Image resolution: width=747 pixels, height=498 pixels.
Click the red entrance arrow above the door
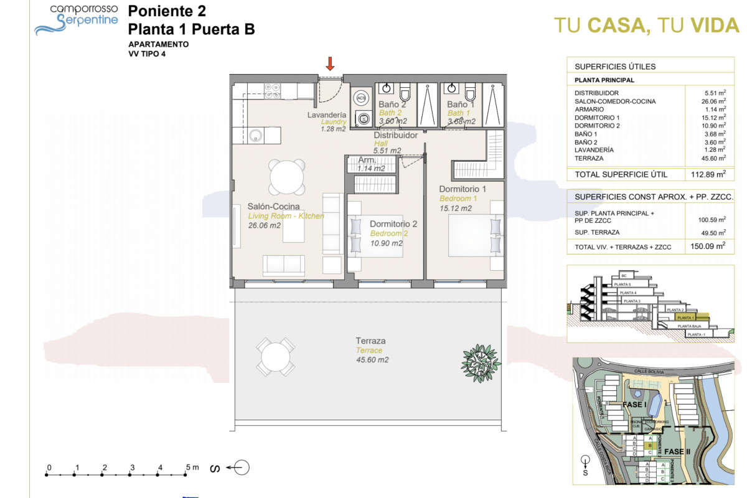click(x=331, y=63)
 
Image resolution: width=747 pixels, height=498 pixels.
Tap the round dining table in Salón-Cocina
click(x=288, y=177)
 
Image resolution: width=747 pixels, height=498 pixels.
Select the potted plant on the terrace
click(x=481, y=358)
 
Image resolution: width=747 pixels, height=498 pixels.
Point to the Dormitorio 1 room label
click(x=463, y=189)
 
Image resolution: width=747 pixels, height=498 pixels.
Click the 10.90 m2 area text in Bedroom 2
click(x=387, y=243)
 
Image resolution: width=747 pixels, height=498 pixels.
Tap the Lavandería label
click(x=327, y=115)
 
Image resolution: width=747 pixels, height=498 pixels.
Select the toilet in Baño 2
click(x=405, y=93)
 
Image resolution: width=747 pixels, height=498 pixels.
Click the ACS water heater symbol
click(x=361, y=98)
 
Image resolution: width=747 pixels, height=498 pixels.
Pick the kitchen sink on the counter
click(x=255, y=134)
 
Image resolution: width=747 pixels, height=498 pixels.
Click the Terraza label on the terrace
click(x=370, y=341)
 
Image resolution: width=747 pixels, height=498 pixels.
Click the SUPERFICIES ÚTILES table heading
click(x=615, y=67)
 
